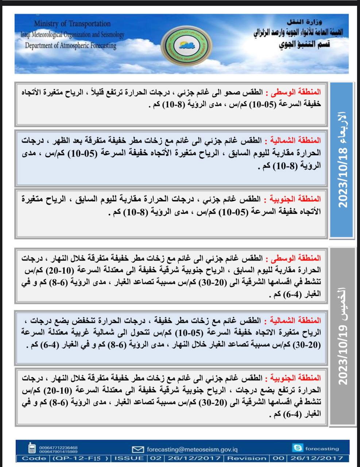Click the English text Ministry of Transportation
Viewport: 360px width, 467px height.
72,24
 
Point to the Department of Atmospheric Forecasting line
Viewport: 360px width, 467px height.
71,46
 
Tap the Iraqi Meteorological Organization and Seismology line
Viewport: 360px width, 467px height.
72,35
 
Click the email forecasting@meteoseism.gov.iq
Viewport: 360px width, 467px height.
192,449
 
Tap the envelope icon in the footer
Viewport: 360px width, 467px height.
138,449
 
